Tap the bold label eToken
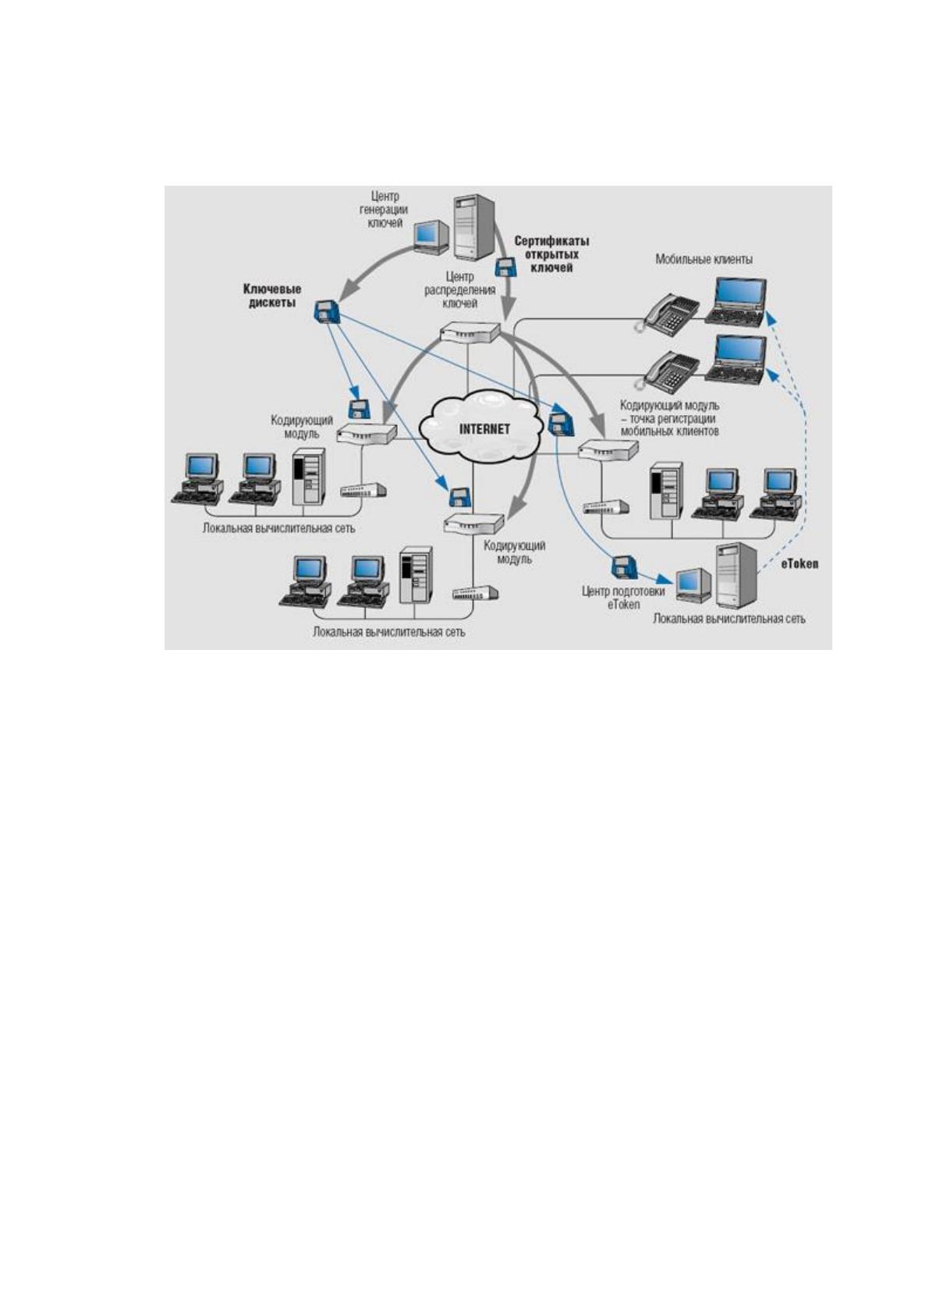click(x=800, y=564)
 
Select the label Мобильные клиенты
click(x=704, y=259)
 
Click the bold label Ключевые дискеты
click(x=272, y=297)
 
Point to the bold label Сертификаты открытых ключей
click(x=551, y=254)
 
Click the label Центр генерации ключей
click(x=385, y=209)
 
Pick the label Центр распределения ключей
click(x=459, y=289)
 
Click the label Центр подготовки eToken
click(x=623, y=597)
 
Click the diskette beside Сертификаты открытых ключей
click(x=505, y=267)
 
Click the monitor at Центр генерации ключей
click(x=431, y=236)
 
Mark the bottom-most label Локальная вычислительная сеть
click(x=389, y=633)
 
